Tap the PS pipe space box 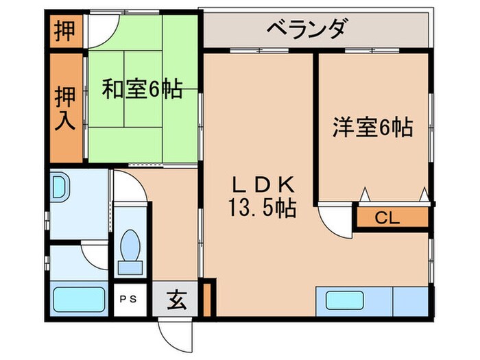(x=128, y=299)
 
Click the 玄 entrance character (x=176, y=299)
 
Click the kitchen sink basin (x=346, y=300)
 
